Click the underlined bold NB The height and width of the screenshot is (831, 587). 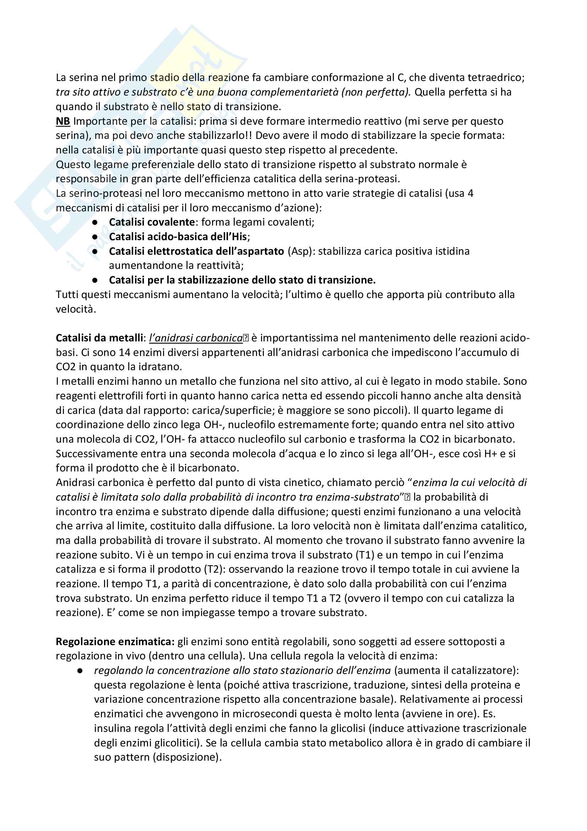tap(62, 121)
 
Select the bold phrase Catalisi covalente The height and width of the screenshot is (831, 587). tap(152, 222)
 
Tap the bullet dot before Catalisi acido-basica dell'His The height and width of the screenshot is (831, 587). tap(95, 237)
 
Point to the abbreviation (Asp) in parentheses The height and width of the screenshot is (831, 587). tap(300, 251)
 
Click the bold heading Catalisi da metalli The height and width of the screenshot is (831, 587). tap(99, 338)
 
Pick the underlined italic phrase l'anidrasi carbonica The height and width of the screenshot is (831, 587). tap(196, 338)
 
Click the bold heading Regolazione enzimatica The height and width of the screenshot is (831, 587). tap(115, 642)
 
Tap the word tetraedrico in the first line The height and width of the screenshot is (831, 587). tap(496, 77)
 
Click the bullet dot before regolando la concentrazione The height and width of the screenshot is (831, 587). tap(80, 671)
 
